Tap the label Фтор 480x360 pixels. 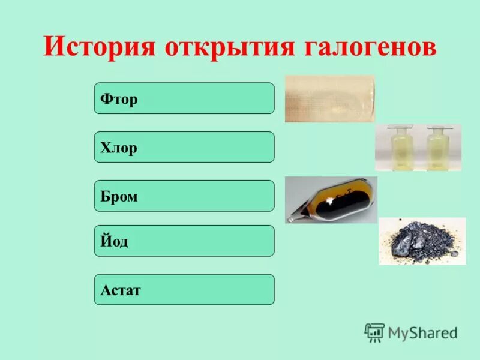point(119,99)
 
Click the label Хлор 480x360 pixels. point(119,148)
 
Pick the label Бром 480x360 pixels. point(119,196)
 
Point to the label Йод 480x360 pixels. point(115,241)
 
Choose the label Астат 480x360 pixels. point(121,290)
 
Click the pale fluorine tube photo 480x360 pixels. point(329,99)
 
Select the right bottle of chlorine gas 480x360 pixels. point(437,150)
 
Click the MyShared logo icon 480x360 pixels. point(374,332)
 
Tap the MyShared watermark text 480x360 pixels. point(422,332)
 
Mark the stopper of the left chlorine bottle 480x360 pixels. point(398,128)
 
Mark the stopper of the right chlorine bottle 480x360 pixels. point(437,128)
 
